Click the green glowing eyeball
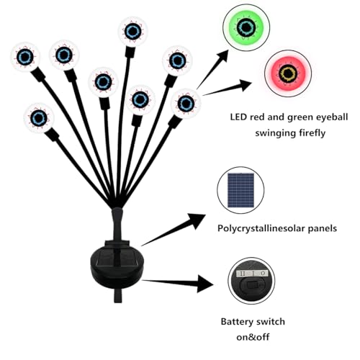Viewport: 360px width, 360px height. tap(246, 27)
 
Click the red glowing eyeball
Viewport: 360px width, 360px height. tap(288, 73)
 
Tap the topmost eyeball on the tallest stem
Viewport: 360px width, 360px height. tap(133, 32)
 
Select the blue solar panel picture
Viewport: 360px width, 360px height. tap(240, 190)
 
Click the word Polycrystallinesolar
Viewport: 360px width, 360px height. tap(261, 228)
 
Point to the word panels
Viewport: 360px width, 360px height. tap(323, 228)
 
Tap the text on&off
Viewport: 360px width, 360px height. tap(253, 337)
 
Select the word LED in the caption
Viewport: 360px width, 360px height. tap(238, 117)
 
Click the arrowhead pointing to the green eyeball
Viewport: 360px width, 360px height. tap(222, 57)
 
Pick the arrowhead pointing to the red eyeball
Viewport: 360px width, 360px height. tap(243, 85)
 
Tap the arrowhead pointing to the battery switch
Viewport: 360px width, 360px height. tap(205, 284)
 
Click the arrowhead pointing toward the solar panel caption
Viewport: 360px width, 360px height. tap(197, 221)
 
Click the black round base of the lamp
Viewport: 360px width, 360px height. tap(117, 264)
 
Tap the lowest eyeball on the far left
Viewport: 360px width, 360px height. tap(39, 118)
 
